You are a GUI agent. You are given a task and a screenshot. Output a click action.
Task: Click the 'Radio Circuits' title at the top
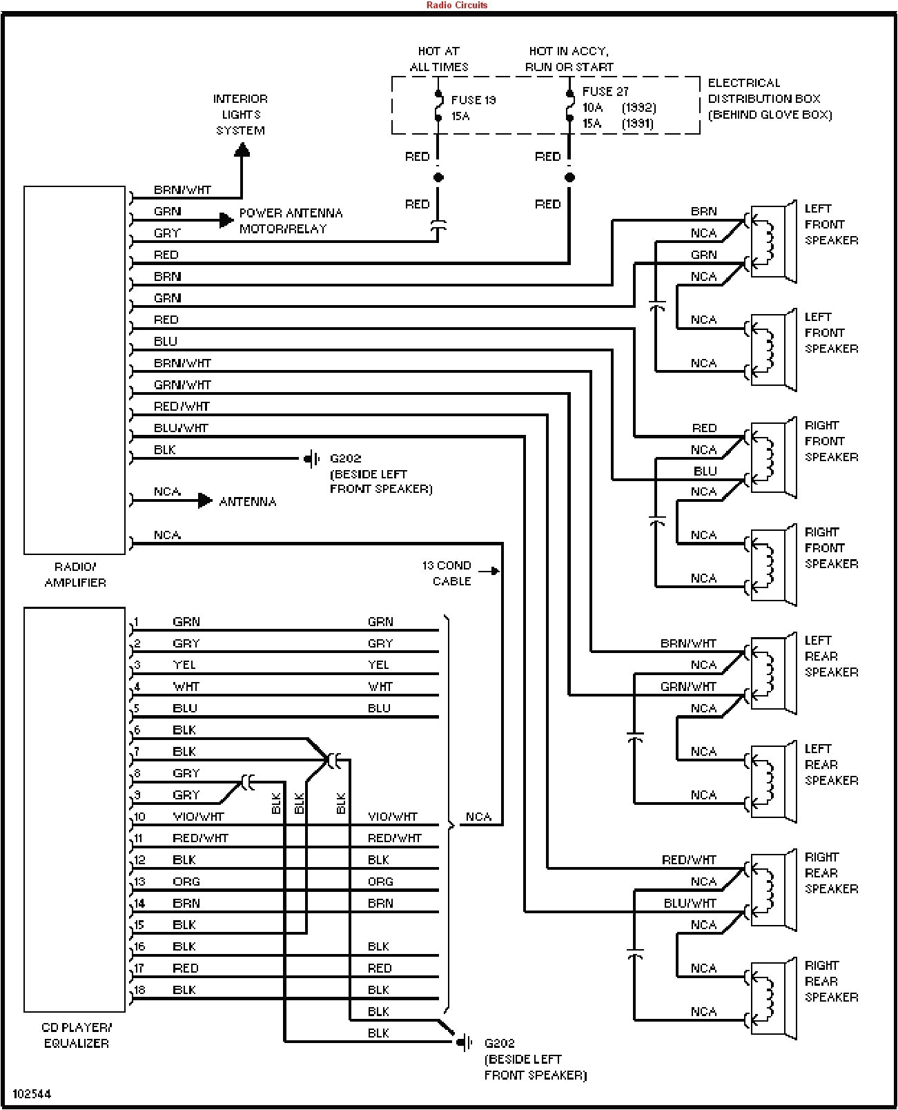456,5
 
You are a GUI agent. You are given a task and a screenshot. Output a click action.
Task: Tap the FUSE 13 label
474,100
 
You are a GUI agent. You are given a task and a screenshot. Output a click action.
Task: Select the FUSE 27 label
605,92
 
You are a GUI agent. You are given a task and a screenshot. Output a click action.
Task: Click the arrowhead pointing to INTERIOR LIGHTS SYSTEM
242,150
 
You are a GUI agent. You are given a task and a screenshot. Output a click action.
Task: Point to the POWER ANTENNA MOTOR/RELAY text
290,221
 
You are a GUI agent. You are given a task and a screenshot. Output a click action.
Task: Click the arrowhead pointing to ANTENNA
205,500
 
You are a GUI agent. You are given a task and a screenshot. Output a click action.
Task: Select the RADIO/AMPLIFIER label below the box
75,574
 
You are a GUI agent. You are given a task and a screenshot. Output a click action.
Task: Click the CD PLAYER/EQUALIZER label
76,1035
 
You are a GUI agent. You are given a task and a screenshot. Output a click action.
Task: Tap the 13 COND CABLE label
447,573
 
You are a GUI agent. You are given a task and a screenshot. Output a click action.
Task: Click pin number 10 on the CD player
139,817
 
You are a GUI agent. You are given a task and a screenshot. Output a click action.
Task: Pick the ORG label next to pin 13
186,882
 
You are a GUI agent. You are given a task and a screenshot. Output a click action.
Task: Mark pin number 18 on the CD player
139,990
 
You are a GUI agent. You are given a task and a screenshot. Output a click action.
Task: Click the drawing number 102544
32,1094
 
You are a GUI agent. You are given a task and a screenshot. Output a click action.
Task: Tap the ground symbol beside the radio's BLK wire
312,458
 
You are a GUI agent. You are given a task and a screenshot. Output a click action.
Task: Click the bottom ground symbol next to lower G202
465,1042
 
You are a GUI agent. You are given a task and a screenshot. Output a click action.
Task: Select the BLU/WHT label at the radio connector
180,428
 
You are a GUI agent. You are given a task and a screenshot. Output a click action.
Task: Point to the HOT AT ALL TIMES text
439,59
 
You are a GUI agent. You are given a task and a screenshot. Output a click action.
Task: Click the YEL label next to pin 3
184,665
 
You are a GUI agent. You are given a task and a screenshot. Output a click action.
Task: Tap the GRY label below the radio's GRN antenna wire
166,233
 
